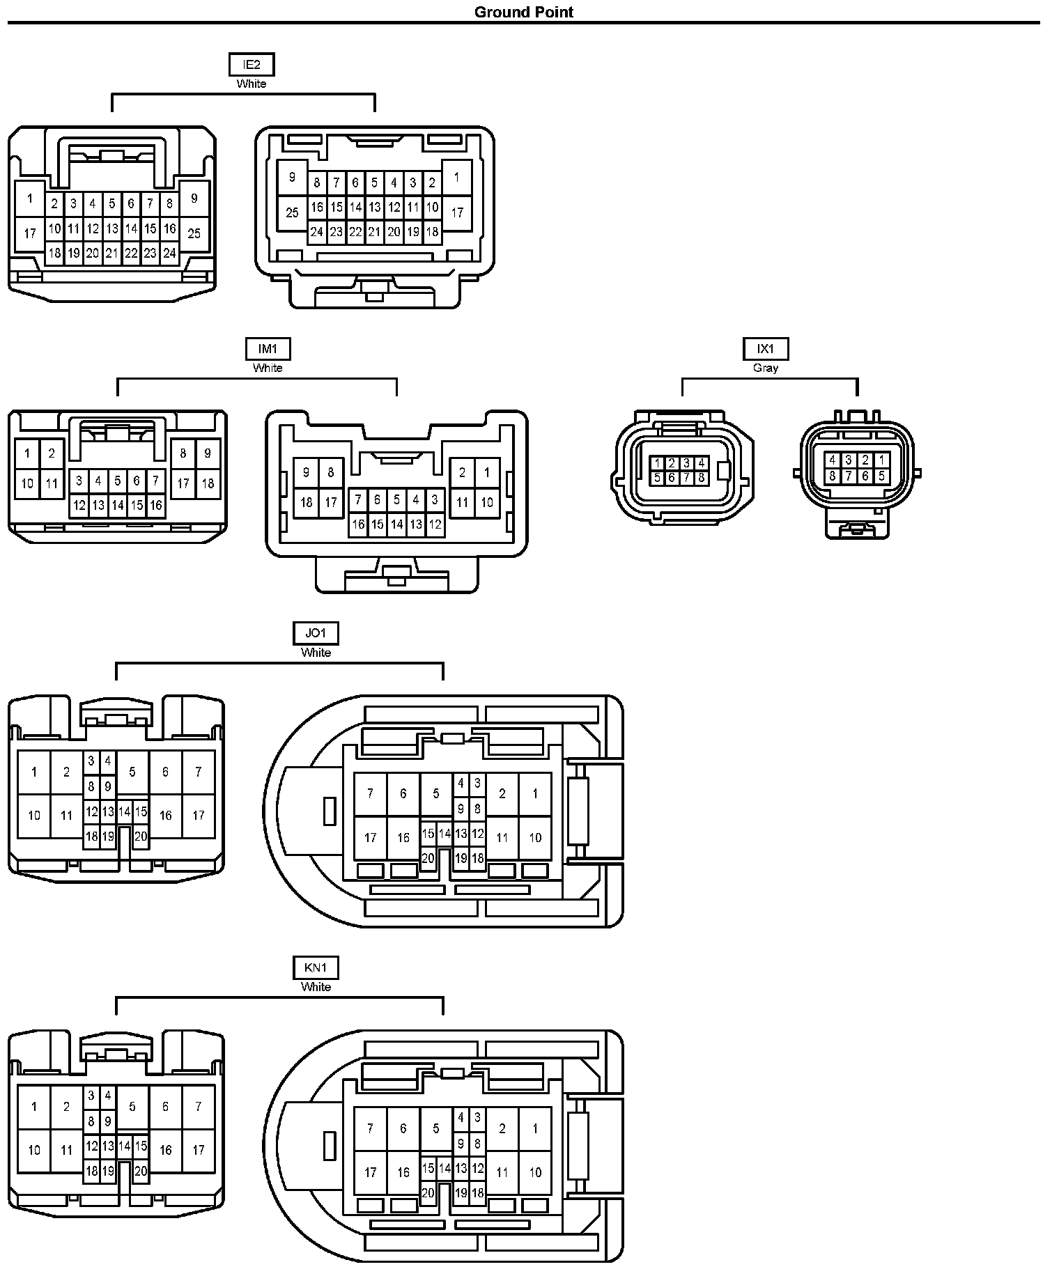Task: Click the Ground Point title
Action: [524, 12]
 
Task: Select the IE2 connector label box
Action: [252, 65]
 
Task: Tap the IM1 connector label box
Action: [268, 349]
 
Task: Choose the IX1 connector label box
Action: [766, 349]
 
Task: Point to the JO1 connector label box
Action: [316, 633]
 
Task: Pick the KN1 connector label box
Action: [316, 967]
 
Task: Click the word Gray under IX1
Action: [766, 368]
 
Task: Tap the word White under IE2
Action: [252, 84]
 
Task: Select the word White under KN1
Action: [316, 986]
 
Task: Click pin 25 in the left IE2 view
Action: [194, 233]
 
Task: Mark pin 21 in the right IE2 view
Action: [374, 232]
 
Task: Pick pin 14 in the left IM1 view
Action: [118, 505]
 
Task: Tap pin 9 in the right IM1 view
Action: [307, 472]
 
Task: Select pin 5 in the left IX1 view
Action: [657, 478]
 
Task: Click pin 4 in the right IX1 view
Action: [832, 460]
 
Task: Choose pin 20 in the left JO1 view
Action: [141, 837]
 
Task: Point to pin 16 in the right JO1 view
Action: [403, 837]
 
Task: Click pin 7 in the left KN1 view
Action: [199, 1106]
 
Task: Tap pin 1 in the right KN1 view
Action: [535, 1128]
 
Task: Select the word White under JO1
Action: [316, 653]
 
